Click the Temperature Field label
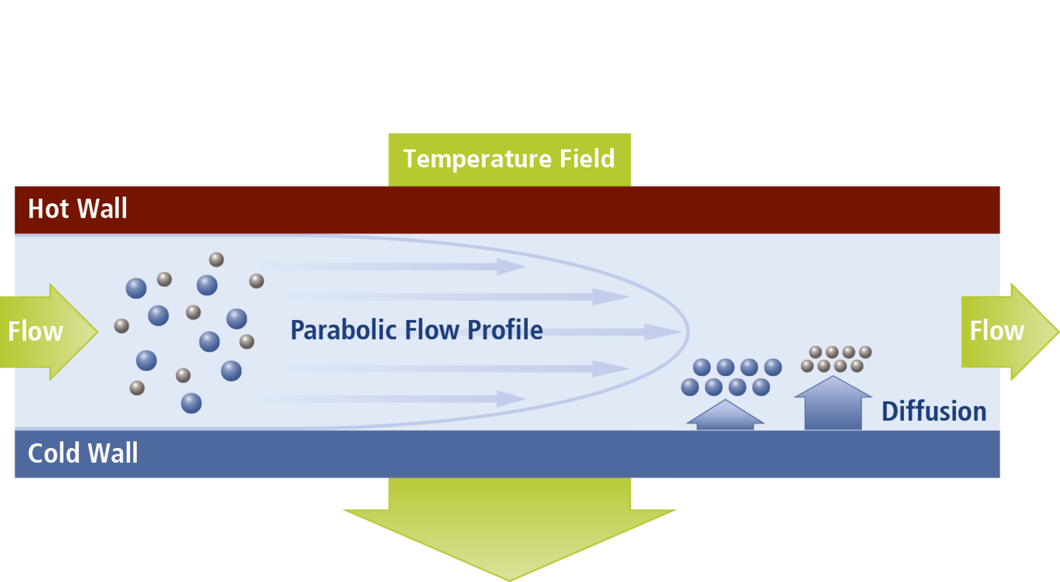[x=509, y=159]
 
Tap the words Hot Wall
[x=77, y=209]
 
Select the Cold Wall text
[x=82, y=453]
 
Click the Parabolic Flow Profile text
[x=417, y=330]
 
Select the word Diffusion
[x=933, y=411]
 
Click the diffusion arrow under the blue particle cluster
[x=725, y=416]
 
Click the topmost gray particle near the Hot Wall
[x=216, y=259]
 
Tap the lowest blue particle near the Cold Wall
[x=191, y=403]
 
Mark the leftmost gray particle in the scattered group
[x=121, y=325]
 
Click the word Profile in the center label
[x=503, y=330]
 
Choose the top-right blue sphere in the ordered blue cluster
[x=773, y=367]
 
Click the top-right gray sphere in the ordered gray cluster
[x=865, y=352]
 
